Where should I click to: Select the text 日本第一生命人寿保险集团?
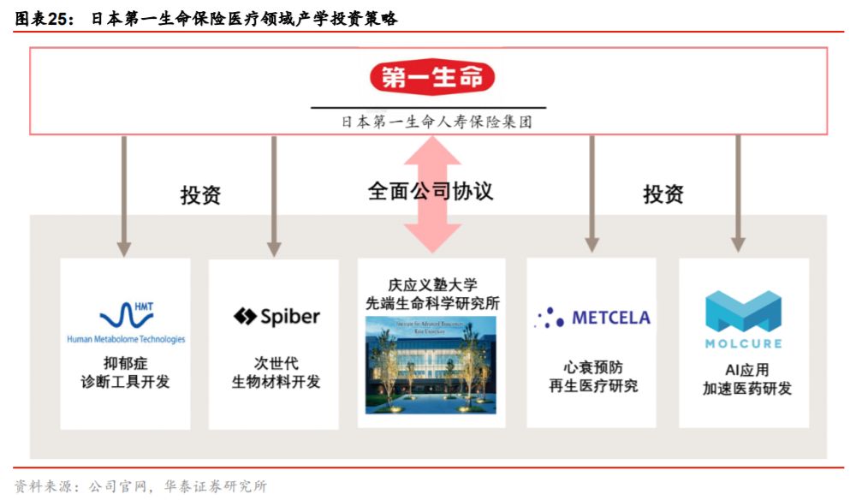[x=437, y=122]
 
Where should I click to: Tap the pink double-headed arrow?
[x=432, y=193]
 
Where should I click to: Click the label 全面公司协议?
[x=431, y=190]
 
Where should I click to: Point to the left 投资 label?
[x=200, y=194]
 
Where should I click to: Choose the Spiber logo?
[x=276, y=317]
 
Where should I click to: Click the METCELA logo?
[x=592, y=318]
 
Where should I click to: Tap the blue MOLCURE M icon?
[x=743, y=312]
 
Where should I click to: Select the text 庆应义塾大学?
[x=431, y=285]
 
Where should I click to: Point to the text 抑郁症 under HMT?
[x=126, y=363]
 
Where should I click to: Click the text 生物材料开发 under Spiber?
[x=276, y=382]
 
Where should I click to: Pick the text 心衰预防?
[x=592, y=366]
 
